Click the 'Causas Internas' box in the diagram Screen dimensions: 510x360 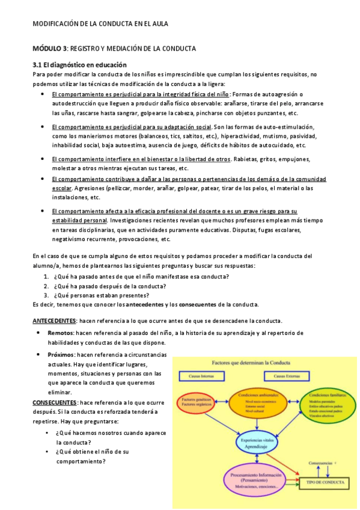[201, 376]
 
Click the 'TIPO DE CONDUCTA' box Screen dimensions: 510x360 [325, 482]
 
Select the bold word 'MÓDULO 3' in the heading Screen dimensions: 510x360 [50, 48]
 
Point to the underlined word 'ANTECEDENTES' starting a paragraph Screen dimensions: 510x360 [54, 320]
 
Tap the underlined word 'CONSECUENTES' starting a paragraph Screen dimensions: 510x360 [55, 402]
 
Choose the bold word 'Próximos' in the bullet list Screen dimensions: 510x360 [62, 355]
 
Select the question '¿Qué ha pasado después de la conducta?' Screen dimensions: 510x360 [111, 286]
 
